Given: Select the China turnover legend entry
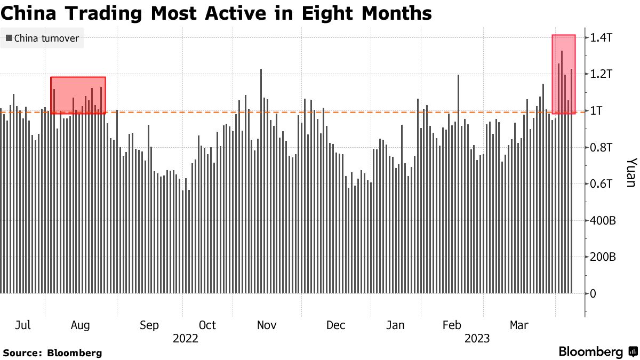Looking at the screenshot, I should tap(42, 38).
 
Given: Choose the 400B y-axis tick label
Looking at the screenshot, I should tap(604, 220).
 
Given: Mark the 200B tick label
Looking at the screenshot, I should tap(604, 257).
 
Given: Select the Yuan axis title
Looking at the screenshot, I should tap(631, 172).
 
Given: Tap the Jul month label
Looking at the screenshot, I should tap(22, 325).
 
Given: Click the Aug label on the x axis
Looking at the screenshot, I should tap(81, 325).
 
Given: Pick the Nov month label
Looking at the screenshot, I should tap(266, 325).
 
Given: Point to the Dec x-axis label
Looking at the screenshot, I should tap(336, 325).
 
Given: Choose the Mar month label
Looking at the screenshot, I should tap(519, 325).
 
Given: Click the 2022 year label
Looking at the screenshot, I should tap(185, 339).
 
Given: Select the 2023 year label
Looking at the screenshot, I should tap(478, 339).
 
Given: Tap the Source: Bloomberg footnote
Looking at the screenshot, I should tap(52, 353).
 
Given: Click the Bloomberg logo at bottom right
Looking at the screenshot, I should tap(597, 352).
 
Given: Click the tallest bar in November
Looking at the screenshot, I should tap(261, 181).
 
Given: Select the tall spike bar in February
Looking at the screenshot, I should tap(458, 184).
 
